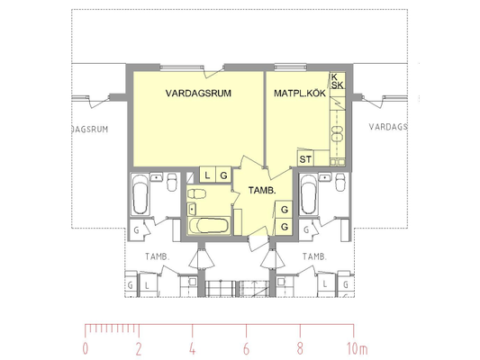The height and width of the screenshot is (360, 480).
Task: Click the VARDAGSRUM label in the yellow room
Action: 198,94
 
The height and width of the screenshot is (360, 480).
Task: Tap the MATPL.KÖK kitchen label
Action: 300,94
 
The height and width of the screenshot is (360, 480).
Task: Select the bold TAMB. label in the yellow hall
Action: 262,191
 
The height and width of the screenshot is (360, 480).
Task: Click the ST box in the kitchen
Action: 305,159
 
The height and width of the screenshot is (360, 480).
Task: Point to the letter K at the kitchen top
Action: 334,76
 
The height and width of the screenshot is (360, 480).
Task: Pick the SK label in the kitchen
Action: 337,85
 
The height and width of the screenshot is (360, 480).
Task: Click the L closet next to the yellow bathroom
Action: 207,175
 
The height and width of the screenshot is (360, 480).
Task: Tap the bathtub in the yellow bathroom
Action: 208,226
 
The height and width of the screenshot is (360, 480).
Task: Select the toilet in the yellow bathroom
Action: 196,193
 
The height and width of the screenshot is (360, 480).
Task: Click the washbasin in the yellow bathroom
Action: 192,209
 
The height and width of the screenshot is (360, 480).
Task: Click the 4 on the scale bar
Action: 192,349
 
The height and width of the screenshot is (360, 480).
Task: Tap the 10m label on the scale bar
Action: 357,349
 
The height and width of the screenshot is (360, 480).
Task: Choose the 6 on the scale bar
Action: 246,349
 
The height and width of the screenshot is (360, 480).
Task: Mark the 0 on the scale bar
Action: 85,349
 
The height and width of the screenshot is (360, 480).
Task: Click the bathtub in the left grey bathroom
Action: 140,194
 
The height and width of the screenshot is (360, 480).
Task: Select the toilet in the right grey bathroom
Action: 340,182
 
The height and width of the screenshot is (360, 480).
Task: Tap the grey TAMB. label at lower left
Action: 157,256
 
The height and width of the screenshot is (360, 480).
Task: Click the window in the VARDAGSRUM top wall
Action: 182,67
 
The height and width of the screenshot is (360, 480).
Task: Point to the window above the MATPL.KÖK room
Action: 290,67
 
